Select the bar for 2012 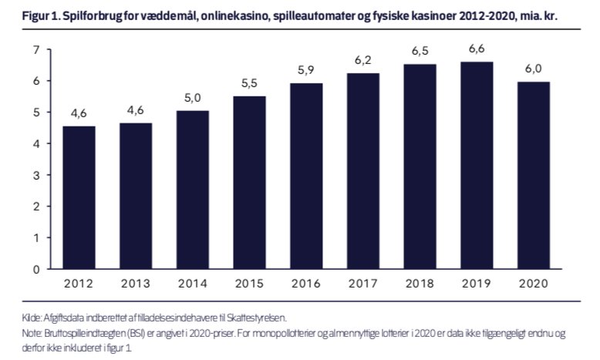click(79, 197)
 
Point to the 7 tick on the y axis click(35, 49)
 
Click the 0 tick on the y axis click(35, 269)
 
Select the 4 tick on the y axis click(35, 143)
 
